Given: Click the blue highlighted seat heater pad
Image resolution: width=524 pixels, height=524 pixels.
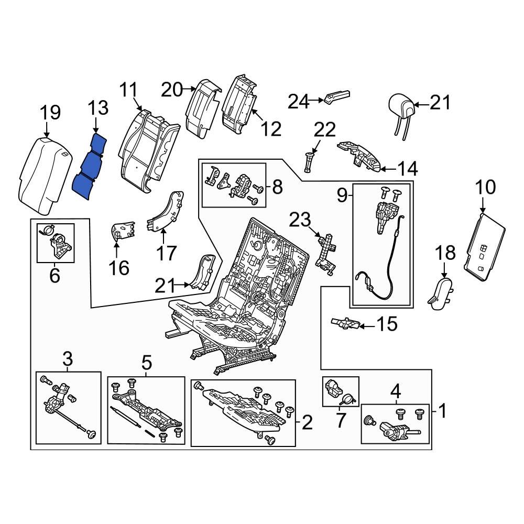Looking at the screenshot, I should tap(89, 167).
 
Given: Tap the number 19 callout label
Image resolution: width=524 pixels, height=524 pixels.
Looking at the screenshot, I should tap(51, 112).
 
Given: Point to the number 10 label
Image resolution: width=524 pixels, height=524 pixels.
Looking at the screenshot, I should tap(485, 187).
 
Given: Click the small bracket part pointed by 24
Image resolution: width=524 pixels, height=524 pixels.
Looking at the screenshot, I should tap(336, 97).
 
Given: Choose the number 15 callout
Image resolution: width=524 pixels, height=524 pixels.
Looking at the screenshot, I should tap(387, 324).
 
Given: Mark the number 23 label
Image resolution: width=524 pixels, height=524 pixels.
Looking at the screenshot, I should tap(301, 220).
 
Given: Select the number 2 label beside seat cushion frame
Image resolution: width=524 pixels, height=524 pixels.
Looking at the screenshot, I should tap(307, 422).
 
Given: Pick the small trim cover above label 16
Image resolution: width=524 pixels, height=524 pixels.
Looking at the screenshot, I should tap(123, 231).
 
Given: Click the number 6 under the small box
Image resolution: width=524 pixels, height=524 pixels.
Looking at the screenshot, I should tap(54, 275).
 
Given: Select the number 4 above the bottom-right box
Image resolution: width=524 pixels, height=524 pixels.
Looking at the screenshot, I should tap(395, 390).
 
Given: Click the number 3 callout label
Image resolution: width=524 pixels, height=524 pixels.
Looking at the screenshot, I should tap(68, 359).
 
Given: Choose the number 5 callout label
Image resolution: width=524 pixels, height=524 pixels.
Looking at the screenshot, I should tap(146, 362).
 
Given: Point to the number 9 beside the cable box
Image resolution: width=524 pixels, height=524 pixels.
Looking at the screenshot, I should tap(342, 196).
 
